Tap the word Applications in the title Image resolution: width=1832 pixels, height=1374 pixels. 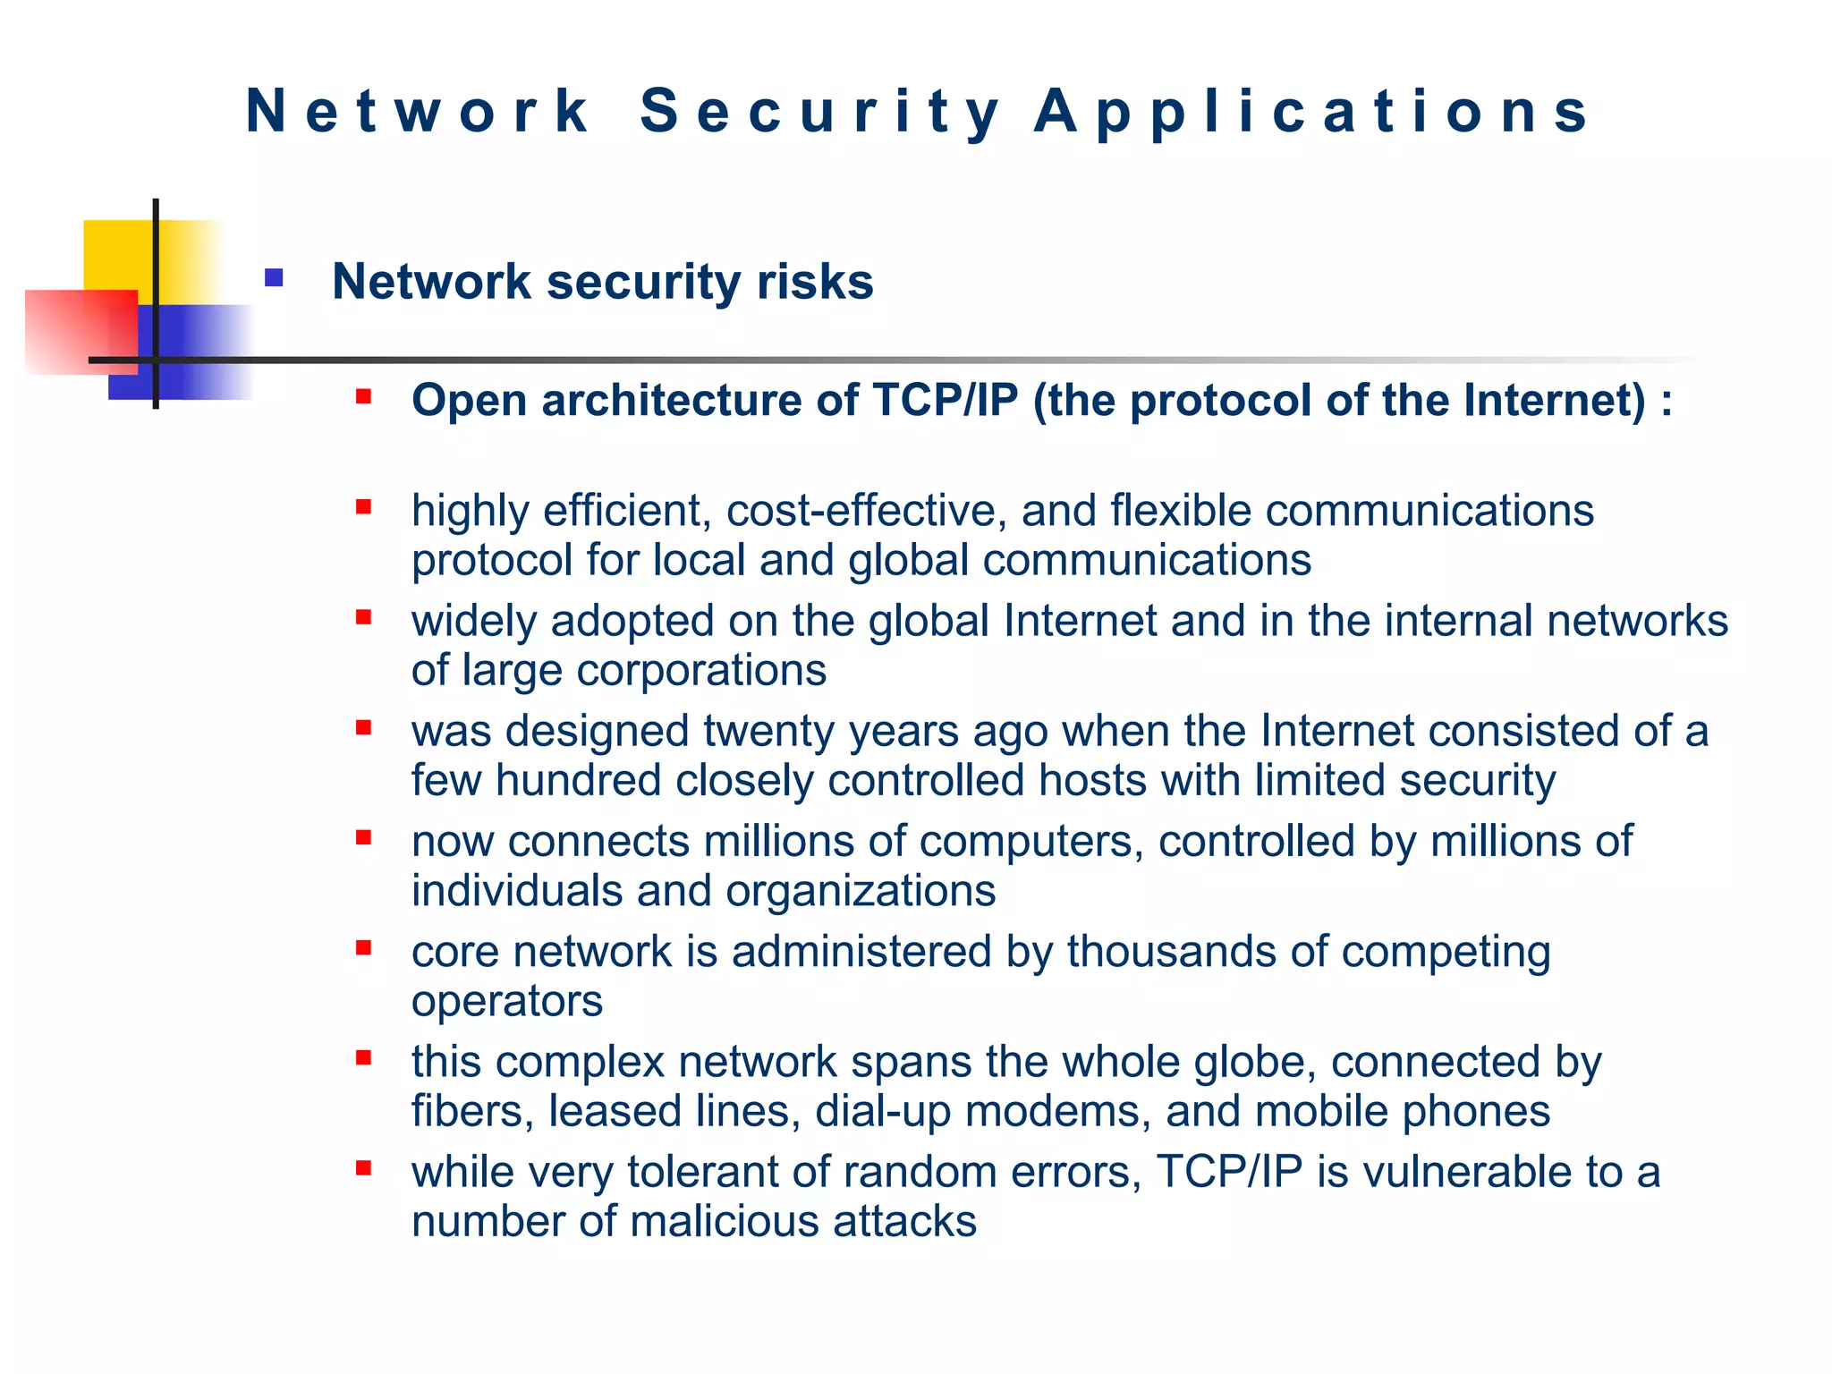(x=1312, y=112)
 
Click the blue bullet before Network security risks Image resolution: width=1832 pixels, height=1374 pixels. (x=274, y=278)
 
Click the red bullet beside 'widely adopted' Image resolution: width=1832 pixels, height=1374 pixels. (x=363, y=617)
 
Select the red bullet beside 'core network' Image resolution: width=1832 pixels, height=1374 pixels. (x=363, y=948)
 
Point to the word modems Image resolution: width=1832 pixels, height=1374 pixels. (x=1058, y=1112)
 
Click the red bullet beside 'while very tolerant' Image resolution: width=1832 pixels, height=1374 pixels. (x=363, y=1168)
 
